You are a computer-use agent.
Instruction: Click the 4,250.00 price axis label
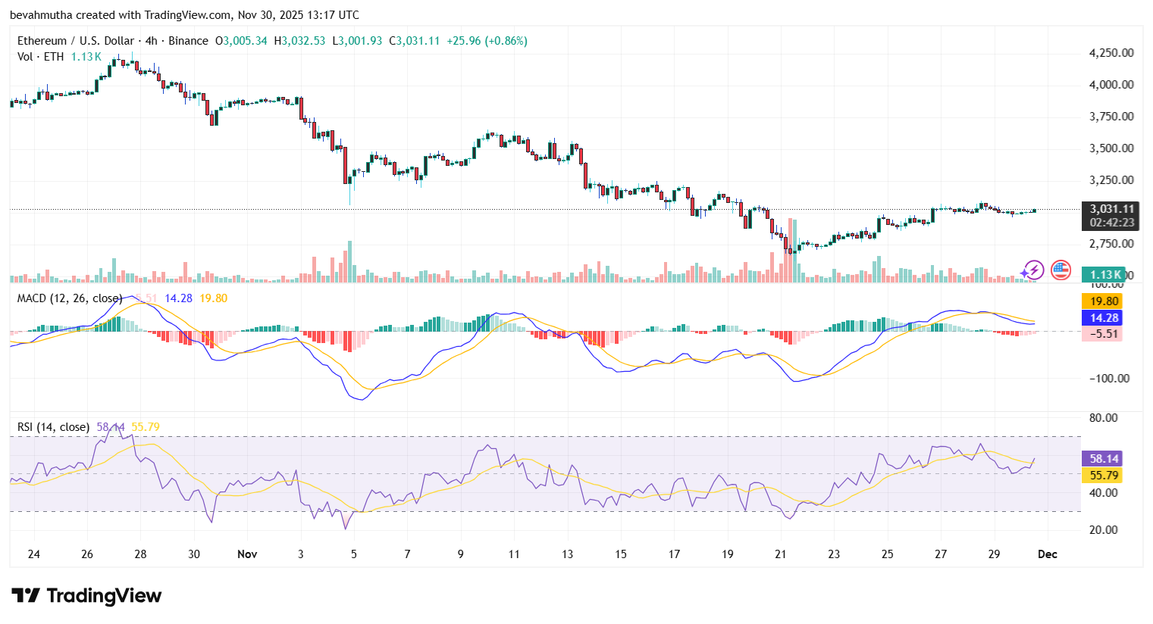point(1111,53)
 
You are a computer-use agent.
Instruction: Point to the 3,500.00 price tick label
point(1111,148)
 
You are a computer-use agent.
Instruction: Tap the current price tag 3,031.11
point(1112,209)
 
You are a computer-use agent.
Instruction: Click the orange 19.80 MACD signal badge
point(1104,301)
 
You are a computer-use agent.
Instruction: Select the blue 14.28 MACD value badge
point(1104,318)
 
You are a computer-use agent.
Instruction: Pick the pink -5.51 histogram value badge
point(1104,334)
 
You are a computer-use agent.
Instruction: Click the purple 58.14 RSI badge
point(1104,459)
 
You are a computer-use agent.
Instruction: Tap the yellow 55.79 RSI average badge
point(1104,476)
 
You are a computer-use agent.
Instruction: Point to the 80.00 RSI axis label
point(1104,418)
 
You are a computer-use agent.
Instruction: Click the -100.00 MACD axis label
point(1110,379)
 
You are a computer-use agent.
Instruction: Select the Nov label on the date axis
point(247,554)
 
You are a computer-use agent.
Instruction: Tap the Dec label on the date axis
point(1047,554)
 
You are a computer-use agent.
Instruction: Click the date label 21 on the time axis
point(781,554)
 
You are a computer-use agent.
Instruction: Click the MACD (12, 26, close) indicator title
point(69,298)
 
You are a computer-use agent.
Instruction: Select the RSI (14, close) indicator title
point(53,427)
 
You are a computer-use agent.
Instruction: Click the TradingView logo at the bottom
point(86,596)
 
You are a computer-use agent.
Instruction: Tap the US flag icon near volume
point(1061,270)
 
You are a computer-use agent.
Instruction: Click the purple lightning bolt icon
point(1032,270)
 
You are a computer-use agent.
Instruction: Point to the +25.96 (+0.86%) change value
point(487,41)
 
